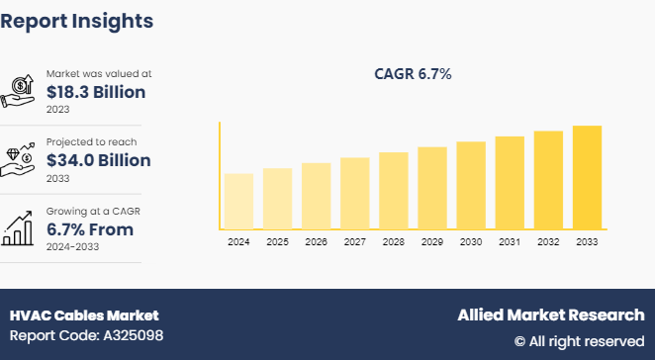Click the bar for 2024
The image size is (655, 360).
(238, 201)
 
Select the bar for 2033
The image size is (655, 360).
(587, 177)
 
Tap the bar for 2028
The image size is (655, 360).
(394, 190)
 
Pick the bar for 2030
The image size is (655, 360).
(471, 185)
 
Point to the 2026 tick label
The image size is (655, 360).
(316, 242)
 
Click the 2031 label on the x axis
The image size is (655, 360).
(510, 242)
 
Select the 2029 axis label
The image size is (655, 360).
(432, 242)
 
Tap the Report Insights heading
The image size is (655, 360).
(77, 21)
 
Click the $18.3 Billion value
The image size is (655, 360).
(96, 92)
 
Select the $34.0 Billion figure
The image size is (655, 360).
(99, 160)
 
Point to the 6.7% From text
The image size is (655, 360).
(90, 229)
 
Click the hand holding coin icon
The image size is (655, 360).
(21, 90)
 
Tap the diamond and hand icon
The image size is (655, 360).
(21, 159)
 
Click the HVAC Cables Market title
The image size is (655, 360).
(84, 315)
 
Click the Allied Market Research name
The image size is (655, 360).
(550, 315)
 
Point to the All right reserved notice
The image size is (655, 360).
(579, 341)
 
